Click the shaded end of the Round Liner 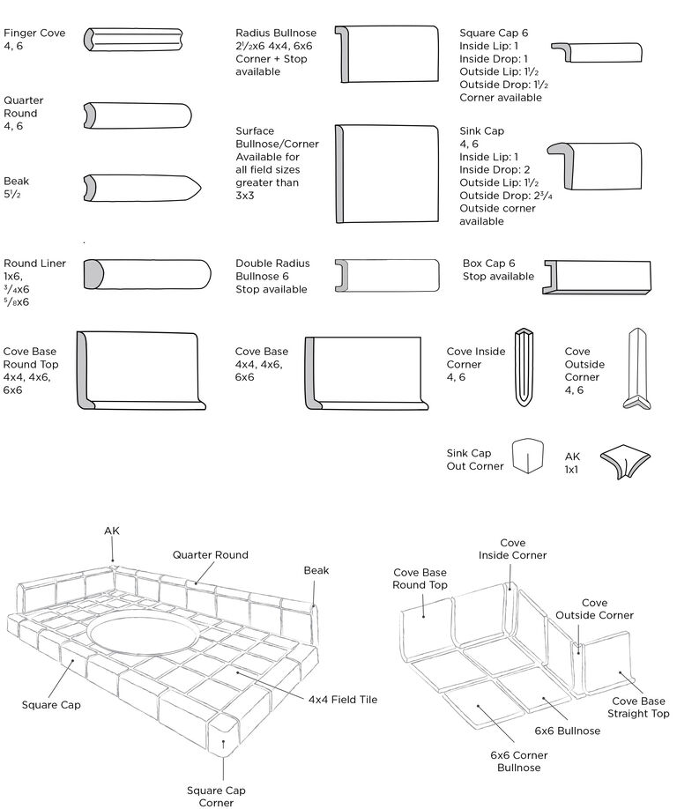pyautogui.click(x=93, y=274)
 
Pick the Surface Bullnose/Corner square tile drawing pyautogui.click(x=386, y=173)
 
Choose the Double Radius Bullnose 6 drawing pyautogui.click(x=387, y=274)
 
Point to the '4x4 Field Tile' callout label pyautogui.click(x=342, y=699)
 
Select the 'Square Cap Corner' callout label pyautogui.click(x=210, y=796)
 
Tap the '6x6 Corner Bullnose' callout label pyautogui.click(x=518, y=761)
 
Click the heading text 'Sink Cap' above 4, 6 pyautogui.click(x=482, y=131)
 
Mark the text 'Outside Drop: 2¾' pyautogui.click(x=505, y=196)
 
